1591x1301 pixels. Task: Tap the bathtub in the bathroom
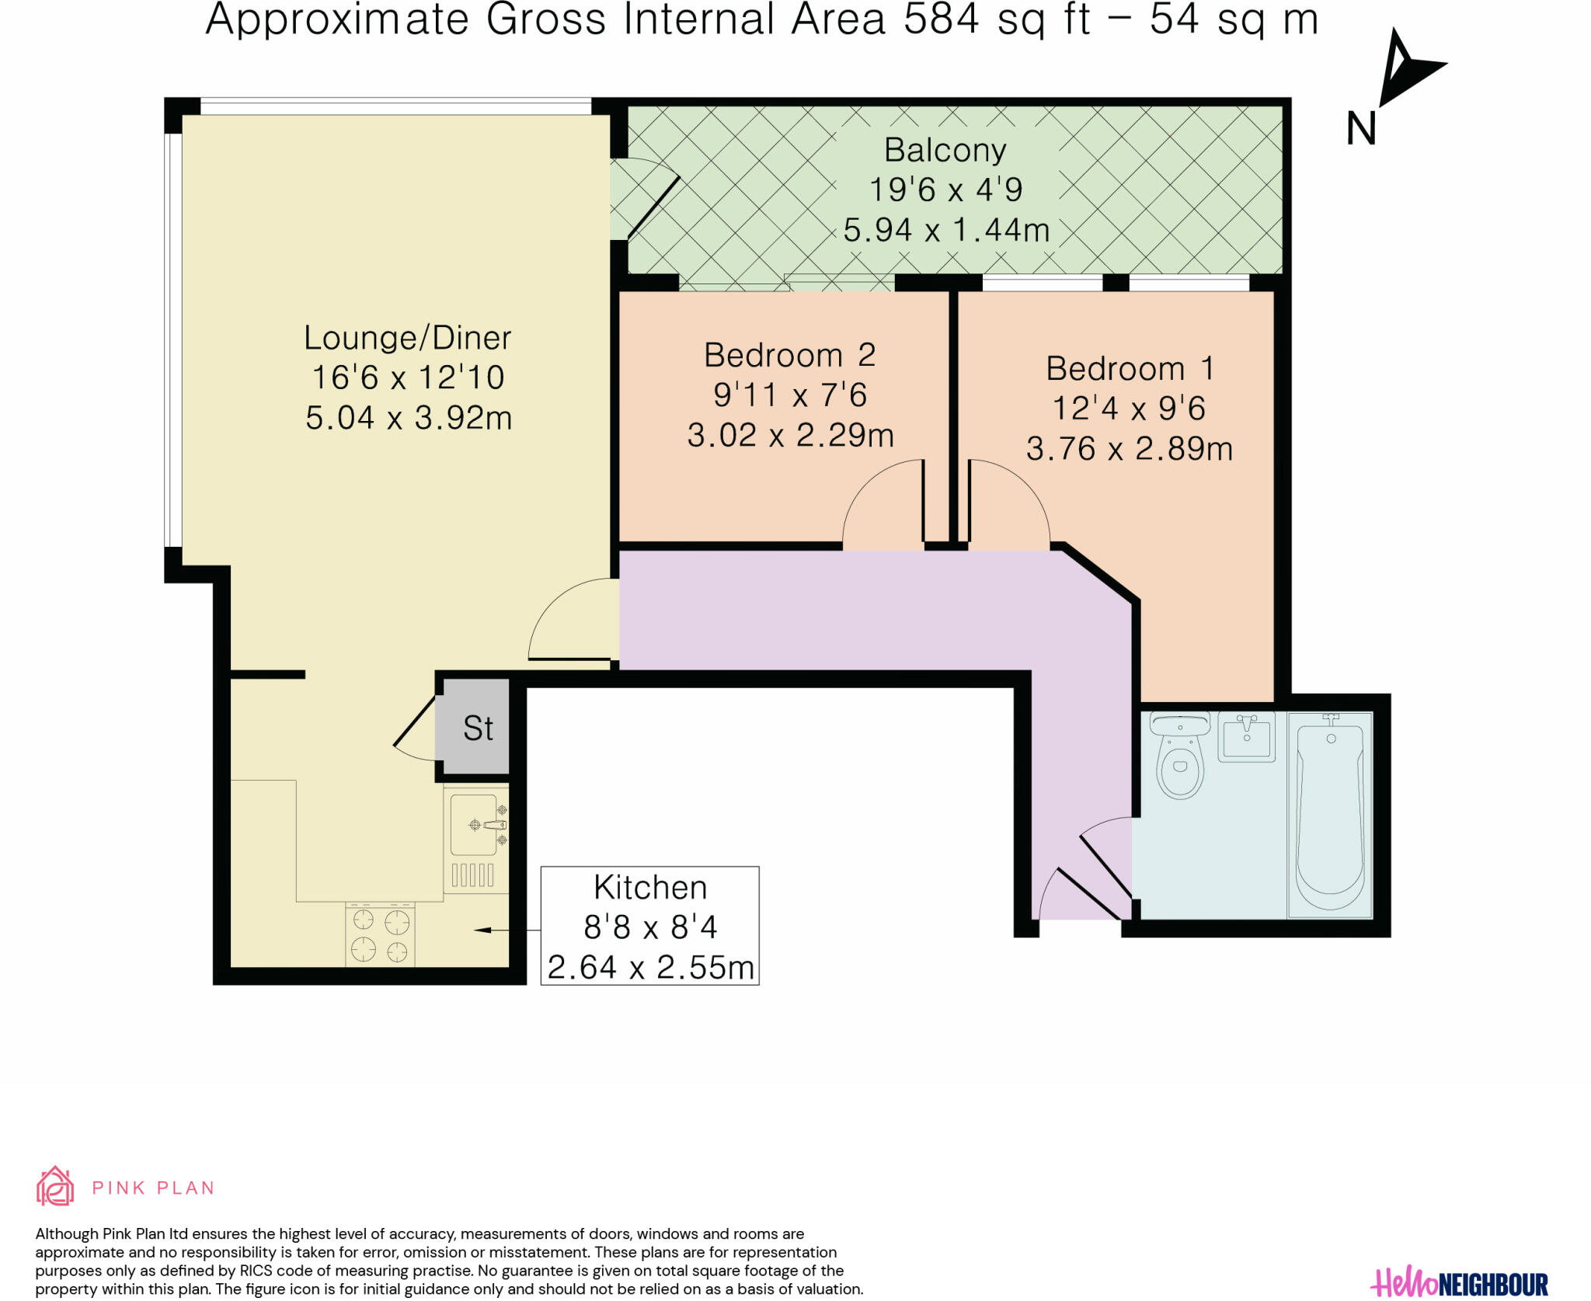point(1330,815)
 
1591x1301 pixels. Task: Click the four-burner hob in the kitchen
point(380,934)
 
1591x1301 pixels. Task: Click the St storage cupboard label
point(478,729)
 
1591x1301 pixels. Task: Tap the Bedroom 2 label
point(789,356)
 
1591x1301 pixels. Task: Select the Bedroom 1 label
point(1130,368)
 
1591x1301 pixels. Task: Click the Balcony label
point(945,150)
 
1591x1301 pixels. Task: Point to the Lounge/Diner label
point(407,338)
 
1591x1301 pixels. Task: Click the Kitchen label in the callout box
point(650,887)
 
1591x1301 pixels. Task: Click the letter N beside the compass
point(1361,128)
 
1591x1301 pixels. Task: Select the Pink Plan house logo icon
point(55,1185)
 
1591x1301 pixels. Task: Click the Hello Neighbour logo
point(1459,1282)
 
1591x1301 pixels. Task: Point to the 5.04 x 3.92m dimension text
point(409,418)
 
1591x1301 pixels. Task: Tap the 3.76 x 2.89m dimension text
point(1130,449)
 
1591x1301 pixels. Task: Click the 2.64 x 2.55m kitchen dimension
point(651,968)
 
